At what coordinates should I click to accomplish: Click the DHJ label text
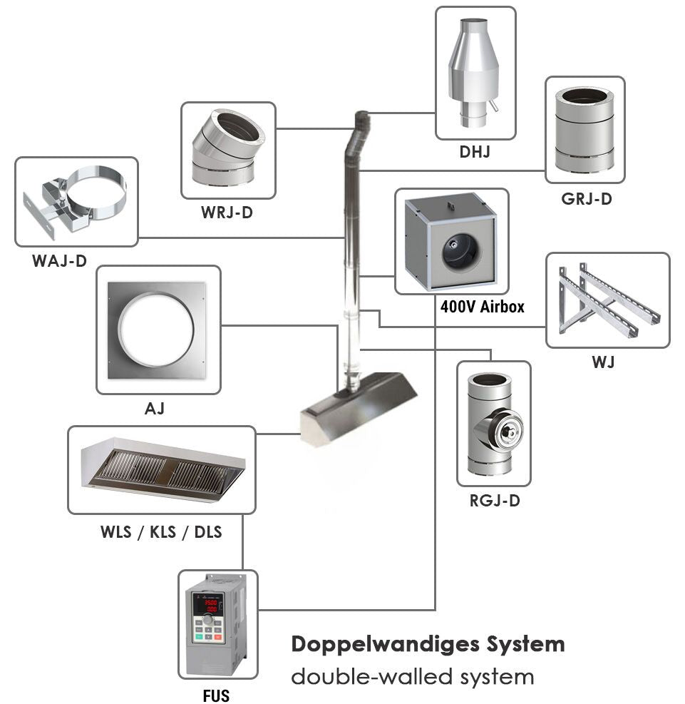coord(475,151)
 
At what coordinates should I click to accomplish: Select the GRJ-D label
coord(586,199)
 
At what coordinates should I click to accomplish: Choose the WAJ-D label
coord(59,261)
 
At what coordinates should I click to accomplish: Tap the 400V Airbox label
coord(483,307)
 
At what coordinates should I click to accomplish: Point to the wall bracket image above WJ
coord(608,300)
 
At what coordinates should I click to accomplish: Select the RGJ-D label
coord(495,501)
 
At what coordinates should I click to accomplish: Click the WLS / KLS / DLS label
coord(161,531)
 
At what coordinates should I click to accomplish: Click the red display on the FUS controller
coord(212,606)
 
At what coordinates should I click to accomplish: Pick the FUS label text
coord(216,694)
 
